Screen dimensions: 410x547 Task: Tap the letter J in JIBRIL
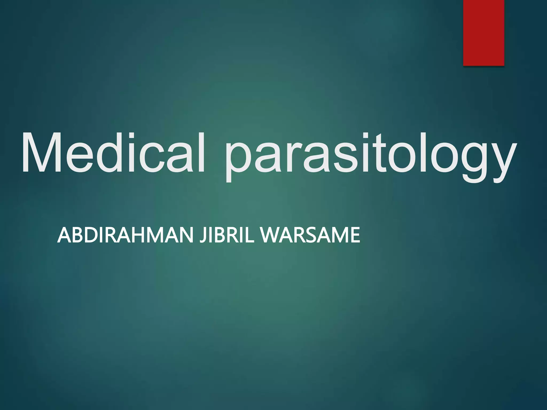[204, 235]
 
